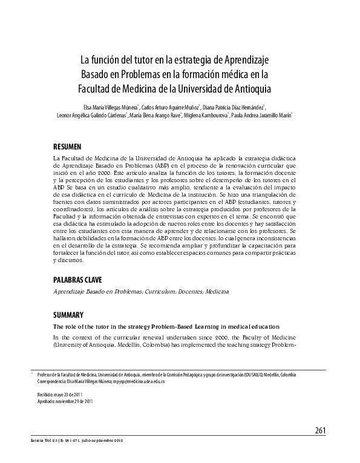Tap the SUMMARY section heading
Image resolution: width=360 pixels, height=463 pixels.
pos(68,315)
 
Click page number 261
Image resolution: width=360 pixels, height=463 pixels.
pos(320,430)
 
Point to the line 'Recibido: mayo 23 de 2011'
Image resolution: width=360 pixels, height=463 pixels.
pos(59,395)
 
